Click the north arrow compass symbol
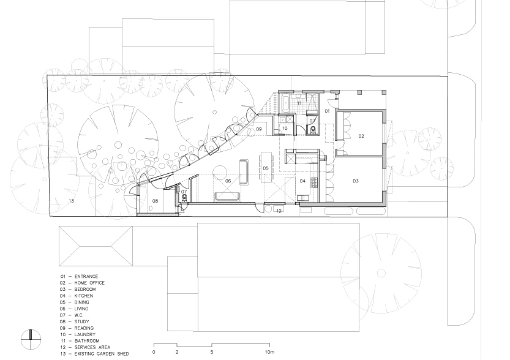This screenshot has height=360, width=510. pyautogui.click(x=31, y=339)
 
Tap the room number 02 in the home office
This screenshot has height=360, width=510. pyautogui.click(x=361, y=137)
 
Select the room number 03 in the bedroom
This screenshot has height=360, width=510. pyautogui.click(x=356, y=181)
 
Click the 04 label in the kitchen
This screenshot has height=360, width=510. pyautogui.click(x=302, y=181)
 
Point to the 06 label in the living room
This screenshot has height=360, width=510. pyautogui.click(x=228, y=181)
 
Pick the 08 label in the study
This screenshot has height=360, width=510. pyautogui.click(x=155, y=201)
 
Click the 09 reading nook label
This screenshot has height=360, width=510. pyautogui.click(x=258, y=129)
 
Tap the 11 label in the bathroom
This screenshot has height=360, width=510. pyautogui.click(x=299, y=103)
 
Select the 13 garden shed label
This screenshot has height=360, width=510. pyautogui.click(x=71, y=201)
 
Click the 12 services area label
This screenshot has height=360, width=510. pyautogui.click(x=279, y=211)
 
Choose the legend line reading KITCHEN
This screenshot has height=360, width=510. pyautogui.click(x=77, y=296)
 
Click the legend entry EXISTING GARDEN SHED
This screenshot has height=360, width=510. pyautogui.click(x=94, y=354)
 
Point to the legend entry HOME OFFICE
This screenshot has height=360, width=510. pyautogui.click(x=82, y=283)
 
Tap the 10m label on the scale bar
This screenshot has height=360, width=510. pyautogui.click(x=269, y=352)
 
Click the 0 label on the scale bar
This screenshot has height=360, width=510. pyautogui.click(x=154, y=352)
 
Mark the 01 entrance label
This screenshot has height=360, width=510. pyautogui.click(x=327, y=111)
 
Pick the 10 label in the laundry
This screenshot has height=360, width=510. pyautogui.click(x=285, y=129)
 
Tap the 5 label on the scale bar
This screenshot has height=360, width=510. pyautogui.click(x=212, y=352)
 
